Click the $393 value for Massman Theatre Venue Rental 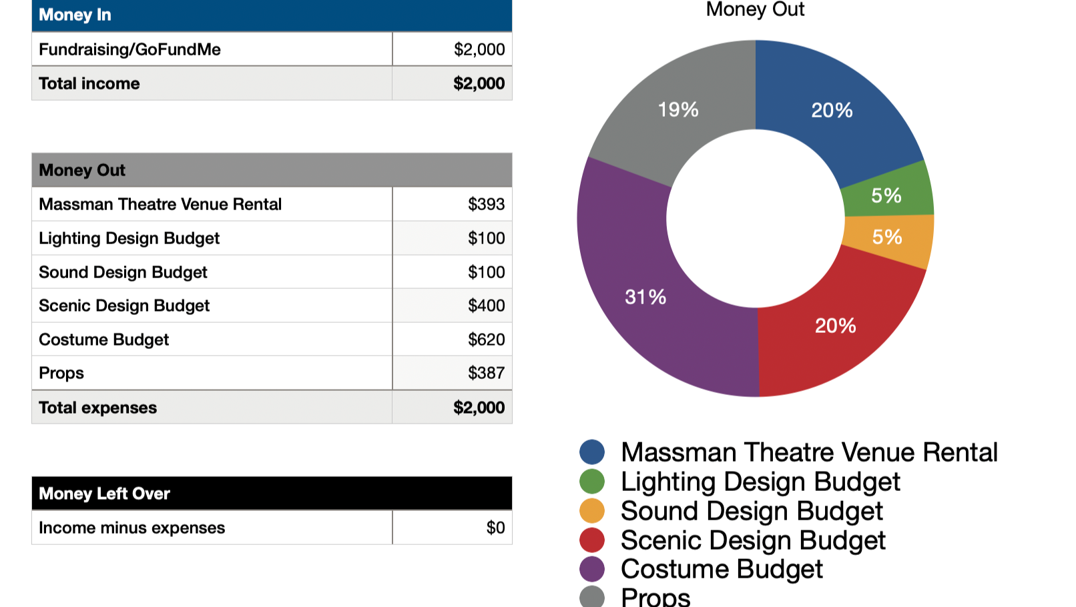point(486,204)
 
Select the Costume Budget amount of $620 point(486,340)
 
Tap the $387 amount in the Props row point(486,373)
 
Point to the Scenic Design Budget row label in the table point(124,306)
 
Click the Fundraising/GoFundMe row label point(129,49)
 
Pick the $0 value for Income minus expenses point(495,528)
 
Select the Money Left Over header point(104,494)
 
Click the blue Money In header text point(75,15)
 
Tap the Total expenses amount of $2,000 point(479,408)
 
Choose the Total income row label point(89,83)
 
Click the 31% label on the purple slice point(645,297)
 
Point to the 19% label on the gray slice point(678,109)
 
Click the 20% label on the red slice point(835,326)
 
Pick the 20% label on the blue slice point(832,110)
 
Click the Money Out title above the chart point(755,9)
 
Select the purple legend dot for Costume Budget point(592,569)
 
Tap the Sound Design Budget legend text point(752,511)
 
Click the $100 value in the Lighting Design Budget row point(486,238)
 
